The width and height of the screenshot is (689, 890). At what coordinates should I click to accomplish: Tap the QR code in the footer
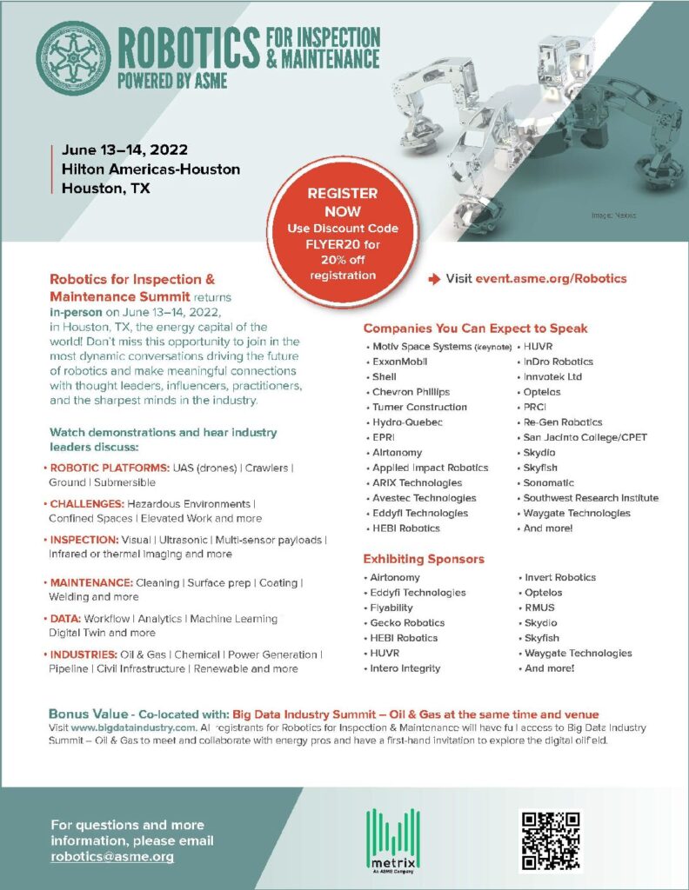click(549, 840)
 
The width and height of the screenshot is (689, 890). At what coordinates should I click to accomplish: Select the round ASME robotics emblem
click(73, 58)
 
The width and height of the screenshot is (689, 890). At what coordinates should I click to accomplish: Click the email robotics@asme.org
click(112, 856)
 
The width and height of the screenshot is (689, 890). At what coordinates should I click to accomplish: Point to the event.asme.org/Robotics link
click(551, 279)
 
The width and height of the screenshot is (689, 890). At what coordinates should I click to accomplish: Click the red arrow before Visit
click(434, 279)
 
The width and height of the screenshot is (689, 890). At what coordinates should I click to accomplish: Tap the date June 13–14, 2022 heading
click(118, 149)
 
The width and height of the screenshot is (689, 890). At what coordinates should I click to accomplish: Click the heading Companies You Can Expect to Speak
click(475, 329)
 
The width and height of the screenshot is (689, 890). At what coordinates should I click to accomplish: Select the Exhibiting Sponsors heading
click(424, 559)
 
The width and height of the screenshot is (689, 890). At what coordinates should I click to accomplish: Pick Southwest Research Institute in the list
click(590, 498)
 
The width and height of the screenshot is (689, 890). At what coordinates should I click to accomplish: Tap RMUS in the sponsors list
click(539, 608)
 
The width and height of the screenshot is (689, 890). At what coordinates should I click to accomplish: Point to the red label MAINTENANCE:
click(90, 581)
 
